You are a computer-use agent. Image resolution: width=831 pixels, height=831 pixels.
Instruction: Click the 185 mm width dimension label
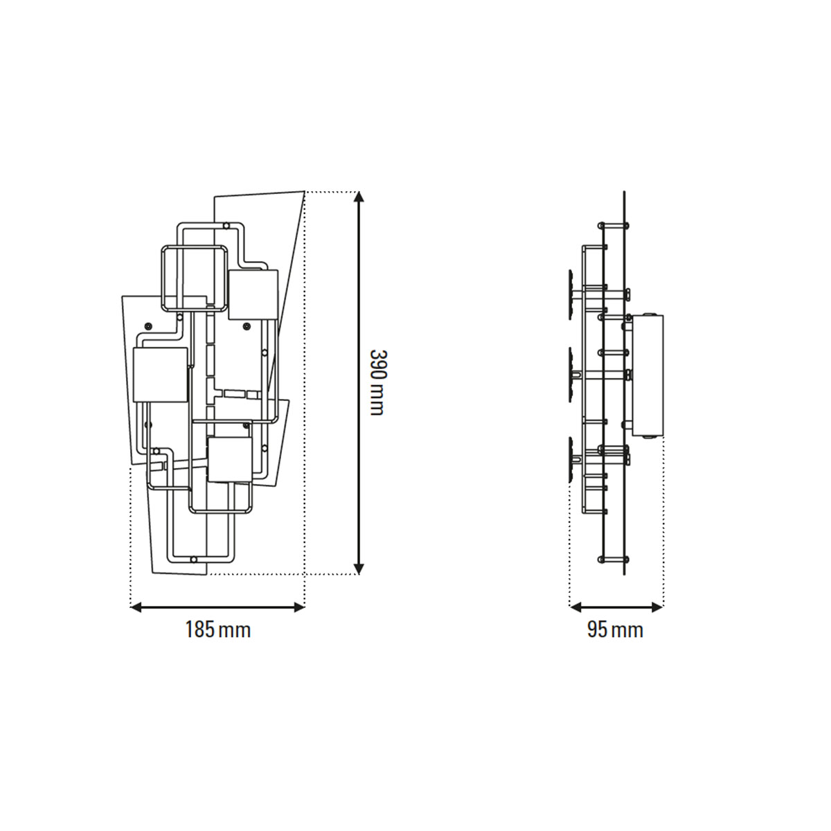(x=217, y=630)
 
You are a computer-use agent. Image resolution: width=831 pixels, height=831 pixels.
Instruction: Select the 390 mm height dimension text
(x=377, y=382)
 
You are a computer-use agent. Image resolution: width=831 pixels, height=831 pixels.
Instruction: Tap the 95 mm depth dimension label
(x=615, y=630)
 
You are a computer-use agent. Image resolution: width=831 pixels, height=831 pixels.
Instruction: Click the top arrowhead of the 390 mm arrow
(x=359, y=196)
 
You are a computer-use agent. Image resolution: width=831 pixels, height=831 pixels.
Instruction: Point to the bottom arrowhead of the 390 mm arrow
(x=359, y=569)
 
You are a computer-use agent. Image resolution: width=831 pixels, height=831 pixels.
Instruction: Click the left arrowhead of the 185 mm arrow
(x=136, y=607)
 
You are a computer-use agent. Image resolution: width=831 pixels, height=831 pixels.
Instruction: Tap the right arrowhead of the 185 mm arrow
(x=299, y=607)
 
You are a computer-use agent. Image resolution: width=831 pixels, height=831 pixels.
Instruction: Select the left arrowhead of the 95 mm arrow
(x=575, y=607)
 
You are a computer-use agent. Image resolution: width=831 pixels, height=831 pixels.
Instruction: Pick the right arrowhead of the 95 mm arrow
(x=658, y=607)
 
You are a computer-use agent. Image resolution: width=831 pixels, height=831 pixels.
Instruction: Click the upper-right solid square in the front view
(x=253, y=295)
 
